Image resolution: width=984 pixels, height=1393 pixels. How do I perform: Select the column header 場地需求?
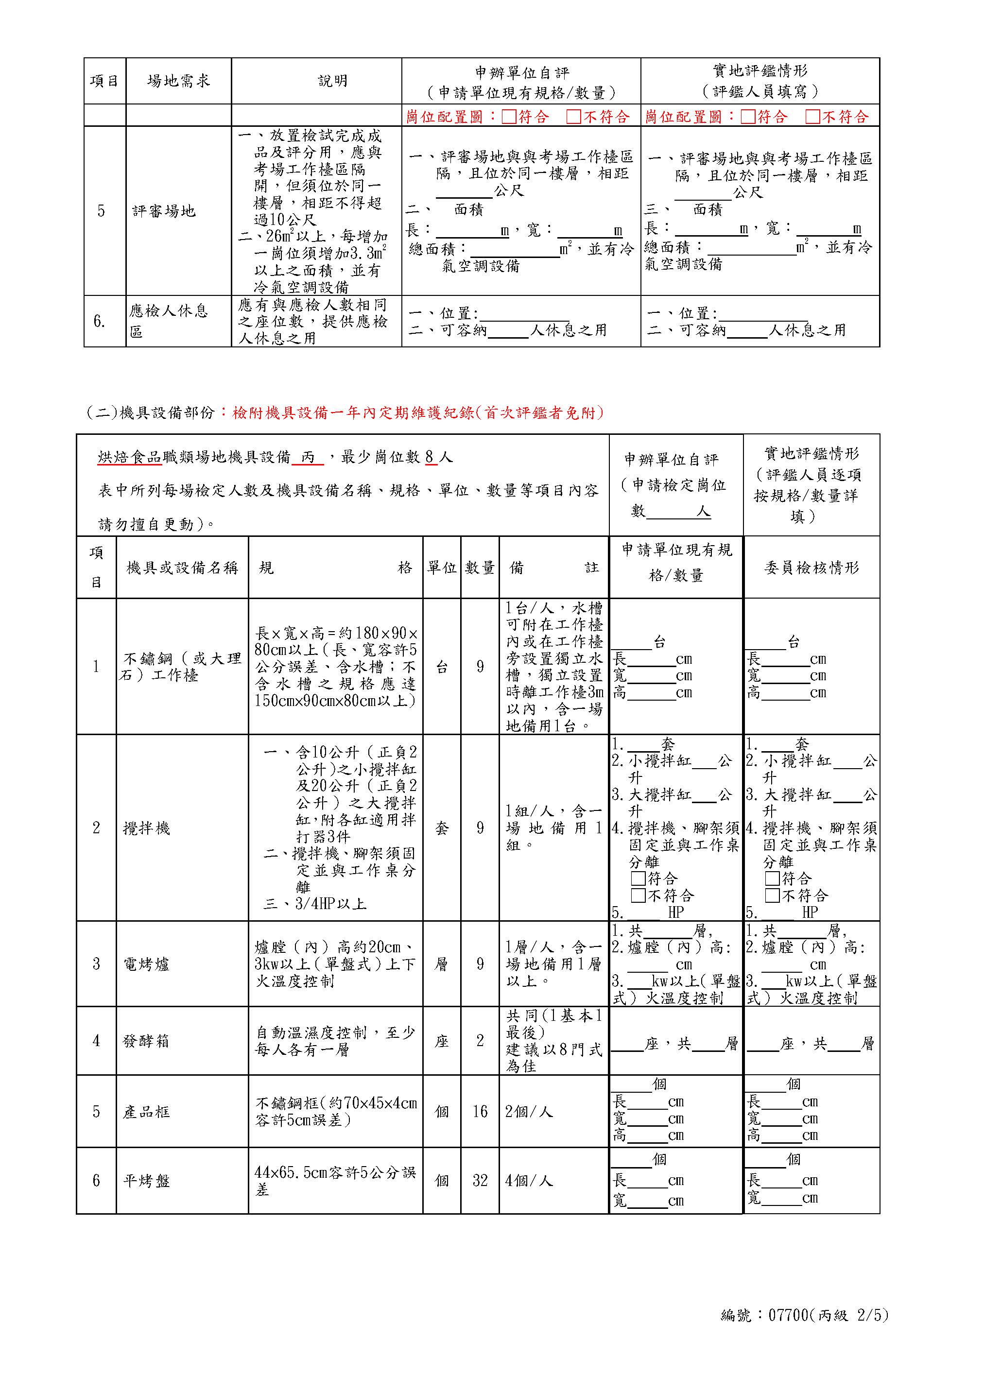[178, 81]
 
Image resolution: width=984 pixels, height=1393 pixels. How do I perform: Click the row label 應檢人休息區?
[168, 321]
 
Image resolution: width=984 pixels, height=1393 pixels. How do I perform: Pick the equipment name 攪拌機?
[146, 828]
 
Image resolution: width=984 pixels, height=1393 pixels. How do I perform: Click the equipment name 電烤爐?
[146, 964]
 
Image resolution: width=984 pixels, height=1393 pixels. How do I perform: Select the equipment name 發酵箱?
[146, 1041]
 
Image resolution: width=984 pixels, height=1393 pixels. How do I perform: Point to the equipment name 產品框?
[146, 1112]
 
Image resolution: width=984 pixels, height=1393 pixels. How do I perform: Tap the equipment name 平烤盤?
[146, 1181]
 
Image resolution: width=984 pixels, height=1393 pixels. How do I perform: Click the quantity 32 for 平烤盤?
[480, 1181]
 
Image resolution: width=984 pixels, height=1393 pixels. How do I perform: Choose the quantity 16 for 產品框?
[480, 1112]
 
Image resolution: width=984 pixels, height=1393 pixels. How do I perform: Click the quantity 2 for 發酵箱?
[480, 1041]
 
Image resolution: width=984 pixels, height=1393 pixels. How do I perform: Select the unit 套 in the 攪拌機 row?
[442, 828]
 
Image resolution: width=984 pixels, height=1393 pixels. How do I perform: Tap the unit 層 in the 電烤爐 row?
[442, 964]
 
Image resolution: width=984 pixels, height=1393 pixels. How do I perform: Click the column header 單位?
[442, 568]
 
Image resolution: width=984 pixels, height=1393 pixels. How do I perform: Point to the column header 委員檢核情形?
[811, 568]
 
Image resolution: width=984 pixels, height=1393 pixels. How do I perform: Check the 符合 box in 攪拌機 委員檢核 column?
[771, 878]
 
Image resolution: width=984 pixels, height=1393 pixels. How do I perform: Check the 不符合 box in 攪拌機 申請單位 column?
[638, 895]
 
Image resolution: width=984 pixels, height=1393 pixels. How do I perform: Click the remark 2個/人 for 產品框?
[529, 1112]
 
